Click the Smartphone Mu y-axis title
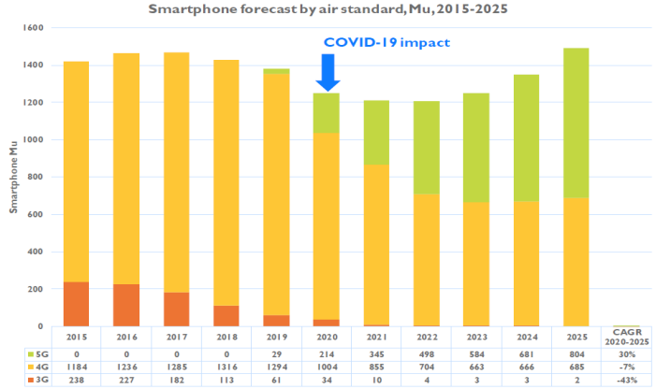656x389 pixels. [14, 179]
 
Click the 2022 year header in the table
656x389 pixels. [427, 337]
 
